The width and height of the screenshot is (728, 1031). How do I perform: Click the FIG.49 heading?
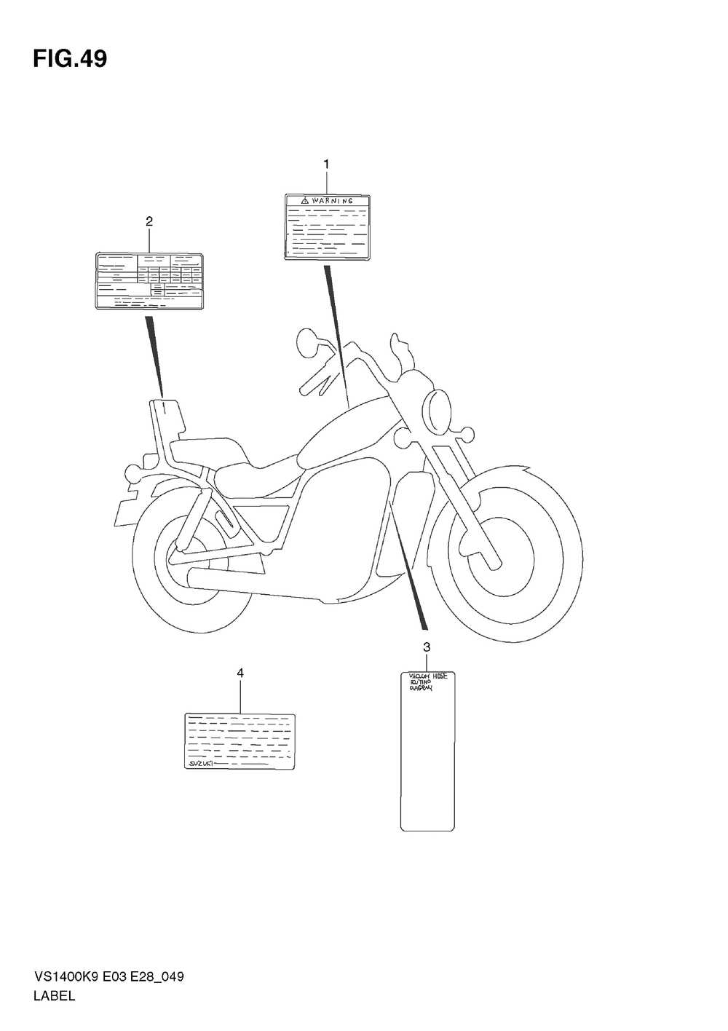(x=69, y=59)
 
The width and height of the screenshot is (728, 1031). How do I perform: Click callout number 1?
(x=326, y=165)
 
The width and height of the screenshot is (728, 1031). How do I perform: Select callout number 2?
(x=149, y=221)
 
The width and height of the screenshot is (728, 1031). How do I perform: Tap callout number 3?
(x=427, y=647)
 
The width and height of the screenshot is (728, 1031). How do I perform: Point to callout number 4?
(x=240, y=673)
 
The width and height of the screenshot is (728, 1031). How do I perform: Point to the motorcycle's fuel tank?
(x=349, y=430)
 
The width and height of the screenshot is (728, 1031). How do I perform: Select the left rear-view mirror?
(x=306, y=341)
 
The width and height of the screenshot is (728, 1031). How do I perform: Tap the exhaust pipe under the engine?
(x=255, y=582)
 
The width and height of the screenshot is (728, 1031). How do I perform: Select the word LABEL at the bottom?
(x=54, y=996)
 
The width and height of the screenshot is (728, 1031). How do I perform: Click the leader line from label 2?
(x=155, y=357)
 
